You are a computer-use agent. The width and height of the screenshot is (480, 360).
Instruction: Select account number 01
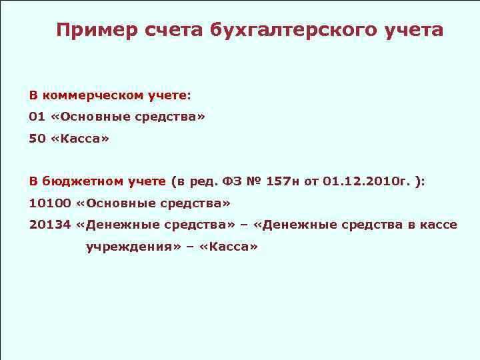(37, 117)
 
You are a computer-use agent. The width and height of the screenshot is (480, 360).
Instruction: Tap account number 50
(37, 139)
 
